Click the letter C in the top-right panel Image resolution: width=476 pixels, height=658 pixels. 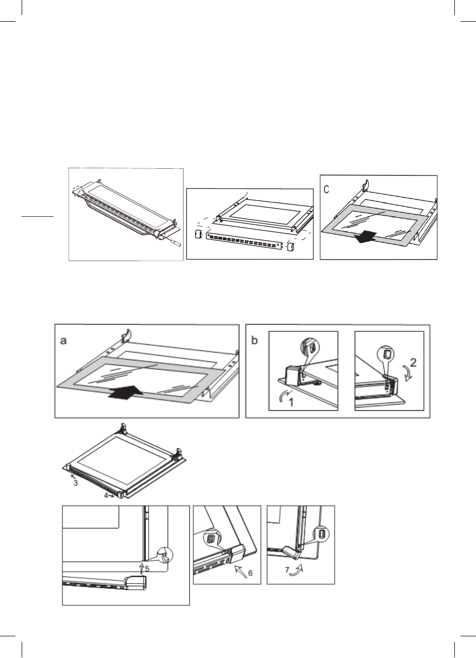(326, 190)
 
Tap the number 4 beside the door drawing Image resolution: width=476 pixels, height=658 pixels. (106, 495)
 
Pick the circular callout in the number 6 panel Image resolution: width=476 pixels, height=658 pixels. (209, 538)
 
